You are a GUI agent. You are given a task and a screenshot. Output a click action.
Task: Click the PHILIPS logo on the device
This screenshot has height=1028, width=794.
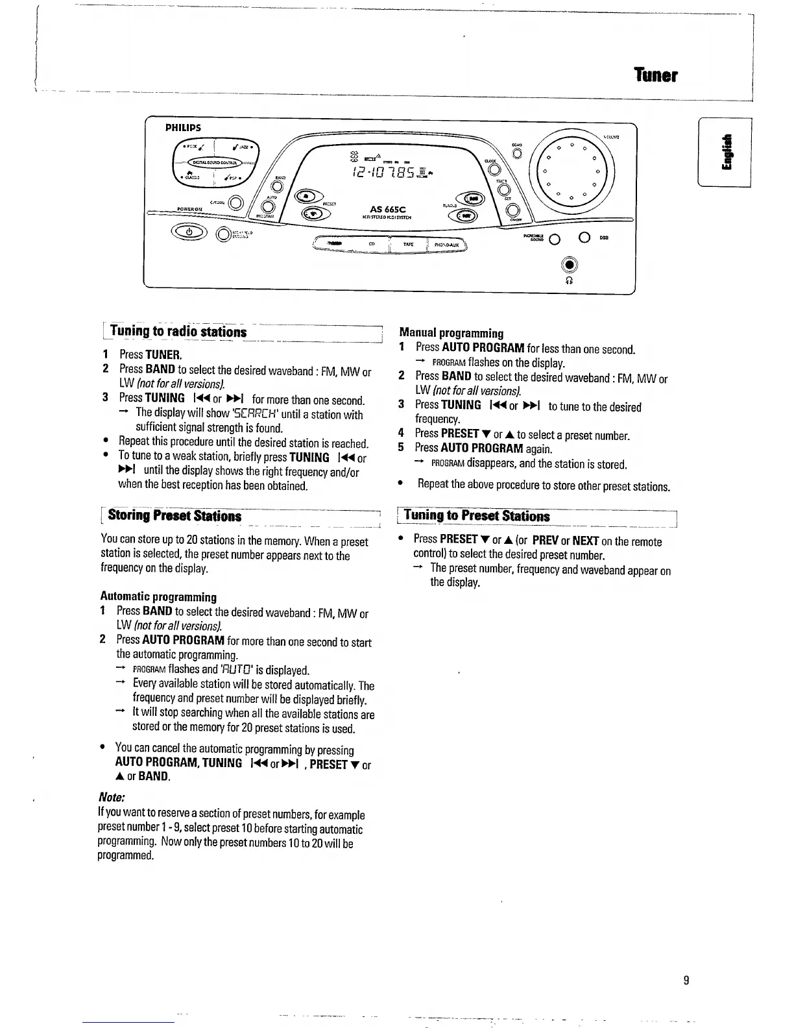[182, 128]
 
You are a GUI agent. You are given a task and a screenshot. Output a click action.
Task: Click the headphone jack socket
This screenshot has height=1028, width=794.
[569, 265]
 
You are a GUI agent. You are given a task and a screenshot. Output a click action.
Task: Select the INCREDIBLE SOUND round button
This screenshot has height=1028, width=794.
[554, 239]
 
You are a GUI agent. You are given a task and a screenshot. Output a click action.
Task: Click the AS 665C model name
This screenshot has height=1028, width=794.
[387, 209]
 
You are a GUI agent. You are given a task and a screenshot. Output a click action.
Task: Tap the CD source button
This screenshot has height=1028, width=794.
[371, 244]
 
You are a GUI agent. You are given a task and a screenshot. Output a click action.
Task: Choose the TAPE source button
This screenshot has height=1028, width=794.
[408, 245]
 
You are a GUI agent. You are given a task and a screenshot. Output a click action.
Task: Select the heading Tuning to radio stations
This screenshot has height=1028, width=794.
[178, 332]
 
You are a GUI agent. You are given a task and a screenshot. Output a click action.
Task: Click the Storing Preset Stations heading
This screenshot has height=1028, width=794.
[174, 516]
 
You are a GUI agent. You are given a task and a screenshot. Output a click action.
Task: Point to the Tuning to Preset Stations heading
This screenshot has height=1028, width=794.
[477, 516]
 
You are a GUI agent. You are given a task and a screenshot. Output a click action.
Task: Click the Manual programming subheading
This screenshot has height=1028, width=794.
[451, 334]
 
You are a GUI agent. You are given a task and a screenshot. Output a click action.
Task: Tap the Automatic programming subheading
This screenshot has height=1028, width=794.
[158, 596]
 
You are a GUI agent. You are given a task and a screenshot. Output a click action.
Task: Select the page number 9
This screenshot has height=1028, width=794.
[686, 980]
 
